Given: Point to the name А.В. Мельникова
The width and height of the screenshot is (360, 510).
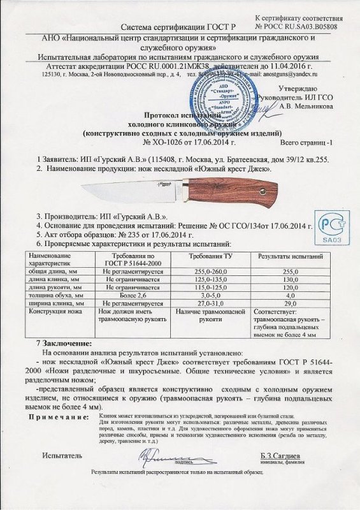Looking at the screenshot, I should [310, 107].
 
